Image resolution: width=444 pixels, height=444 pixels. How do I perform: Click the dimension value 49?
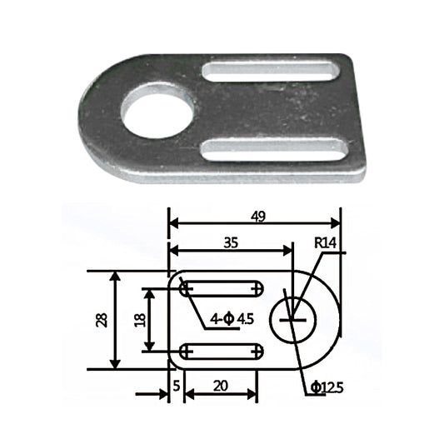click(257, 217)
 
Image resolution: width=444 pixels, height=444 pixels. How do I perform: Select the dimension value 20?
click(222, 386)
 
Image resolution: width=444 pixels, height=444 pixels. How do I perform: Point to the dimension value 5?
click(177, 385)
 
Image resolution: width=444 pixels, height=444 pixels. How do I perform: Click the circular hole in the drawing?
click(292, 319)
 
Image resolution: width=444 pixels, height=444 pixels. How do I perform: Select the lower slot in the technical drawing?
click(222, 352)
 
